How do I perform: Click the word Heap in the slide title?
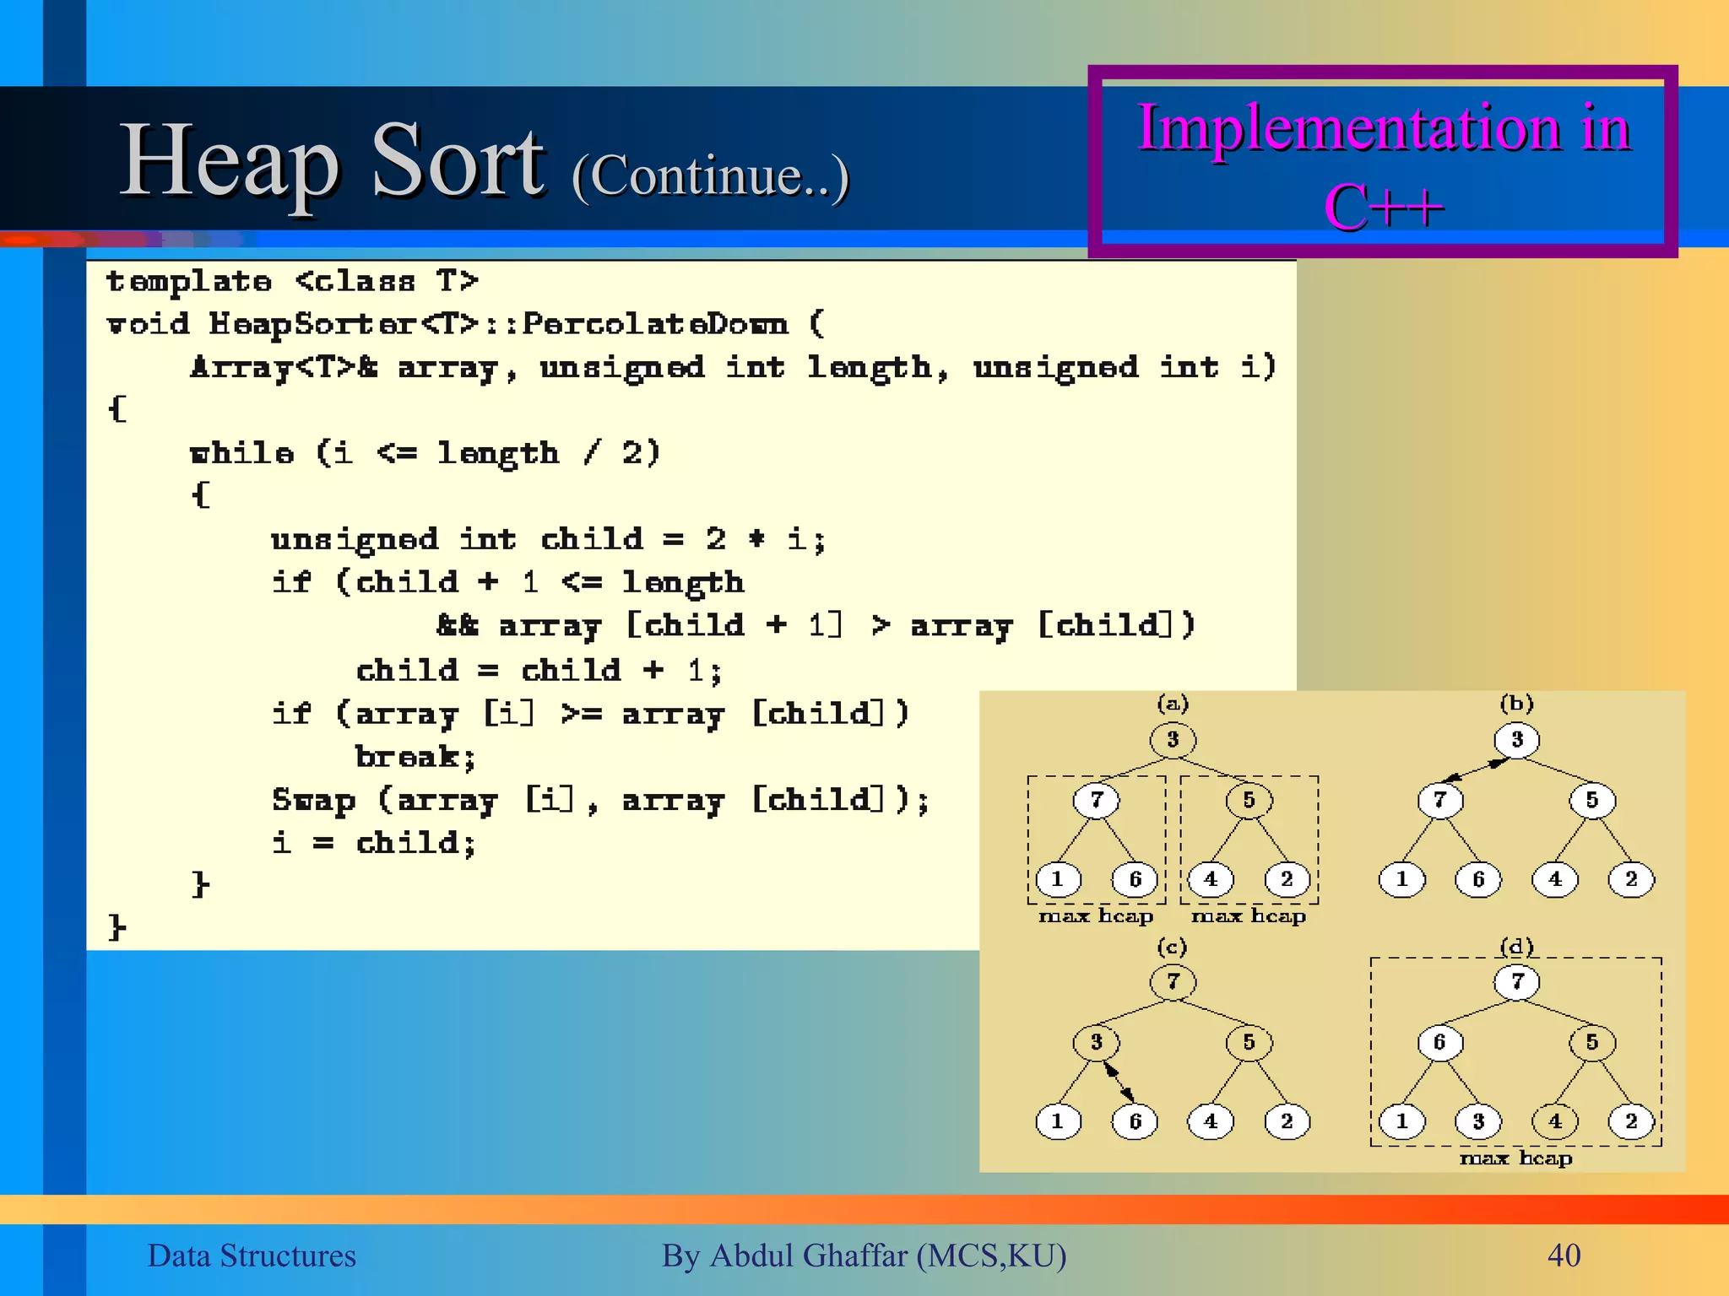point(230,162)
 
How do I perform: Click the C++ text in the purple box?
point(1383,208)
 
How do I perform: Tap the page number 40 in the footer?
point(1564,1255)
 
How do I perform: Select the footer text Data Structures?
point(252,1255)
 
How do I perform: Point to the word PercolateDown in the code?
point(655,324)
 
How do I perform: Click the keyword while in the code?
point(241,453)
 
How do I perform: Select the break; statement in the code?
point(415,757)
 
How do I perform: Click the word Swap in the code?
point(313,799)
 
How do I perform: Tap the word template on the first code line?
point(189,281)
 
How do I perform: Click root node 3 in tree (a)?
point(1173,740)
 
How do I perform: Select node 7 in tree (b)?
point(1440,800)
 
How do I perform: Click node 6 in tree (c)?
point(1135,1121)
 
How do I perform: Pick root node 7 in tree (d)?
point(1517,981)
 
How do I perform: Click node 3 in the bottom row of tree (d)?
point(1478,1121)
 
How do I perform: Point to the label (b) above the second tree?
point(1516,703)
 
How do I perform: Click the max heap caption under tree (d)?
point(1516,1158)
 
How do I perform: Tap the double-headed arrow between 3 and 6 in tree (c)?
point(1118,1082)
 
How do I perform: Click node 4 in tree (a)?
point(1211,879)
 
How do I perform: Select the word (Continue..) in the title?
point(710,176)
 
